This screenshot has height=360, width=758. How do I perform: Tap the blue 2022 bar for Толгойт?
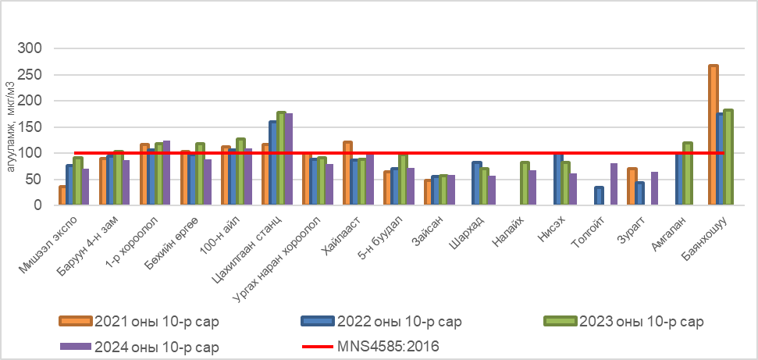pos(599,196)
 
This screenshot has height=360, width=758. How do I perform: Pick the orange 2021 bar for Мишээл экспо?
pos(62,195)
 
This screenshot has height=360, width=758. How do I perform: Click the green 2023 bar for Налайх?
pos(525,184)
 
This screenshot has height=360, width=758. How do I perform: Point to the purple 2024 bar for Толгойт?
pos(614,184)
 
